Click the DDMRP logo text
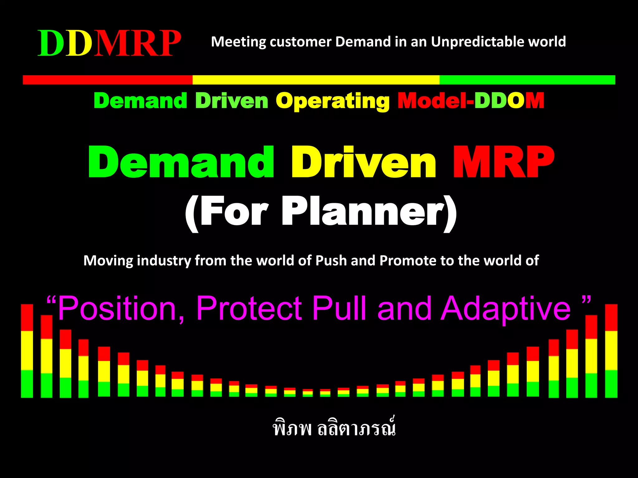109,43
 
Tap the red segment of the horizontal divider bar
107,80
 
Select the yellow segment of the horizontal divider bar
316,80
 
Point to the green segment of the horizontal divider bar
527,80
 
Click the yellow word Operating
332,101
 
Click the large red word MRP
503,162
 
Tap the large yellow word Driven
363,162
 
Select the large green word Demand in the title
181,162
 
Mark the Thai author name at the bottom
334,429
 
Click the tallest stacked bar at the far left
27,351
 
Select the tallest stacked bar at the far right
611,351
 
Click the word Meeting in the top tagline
238,42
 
